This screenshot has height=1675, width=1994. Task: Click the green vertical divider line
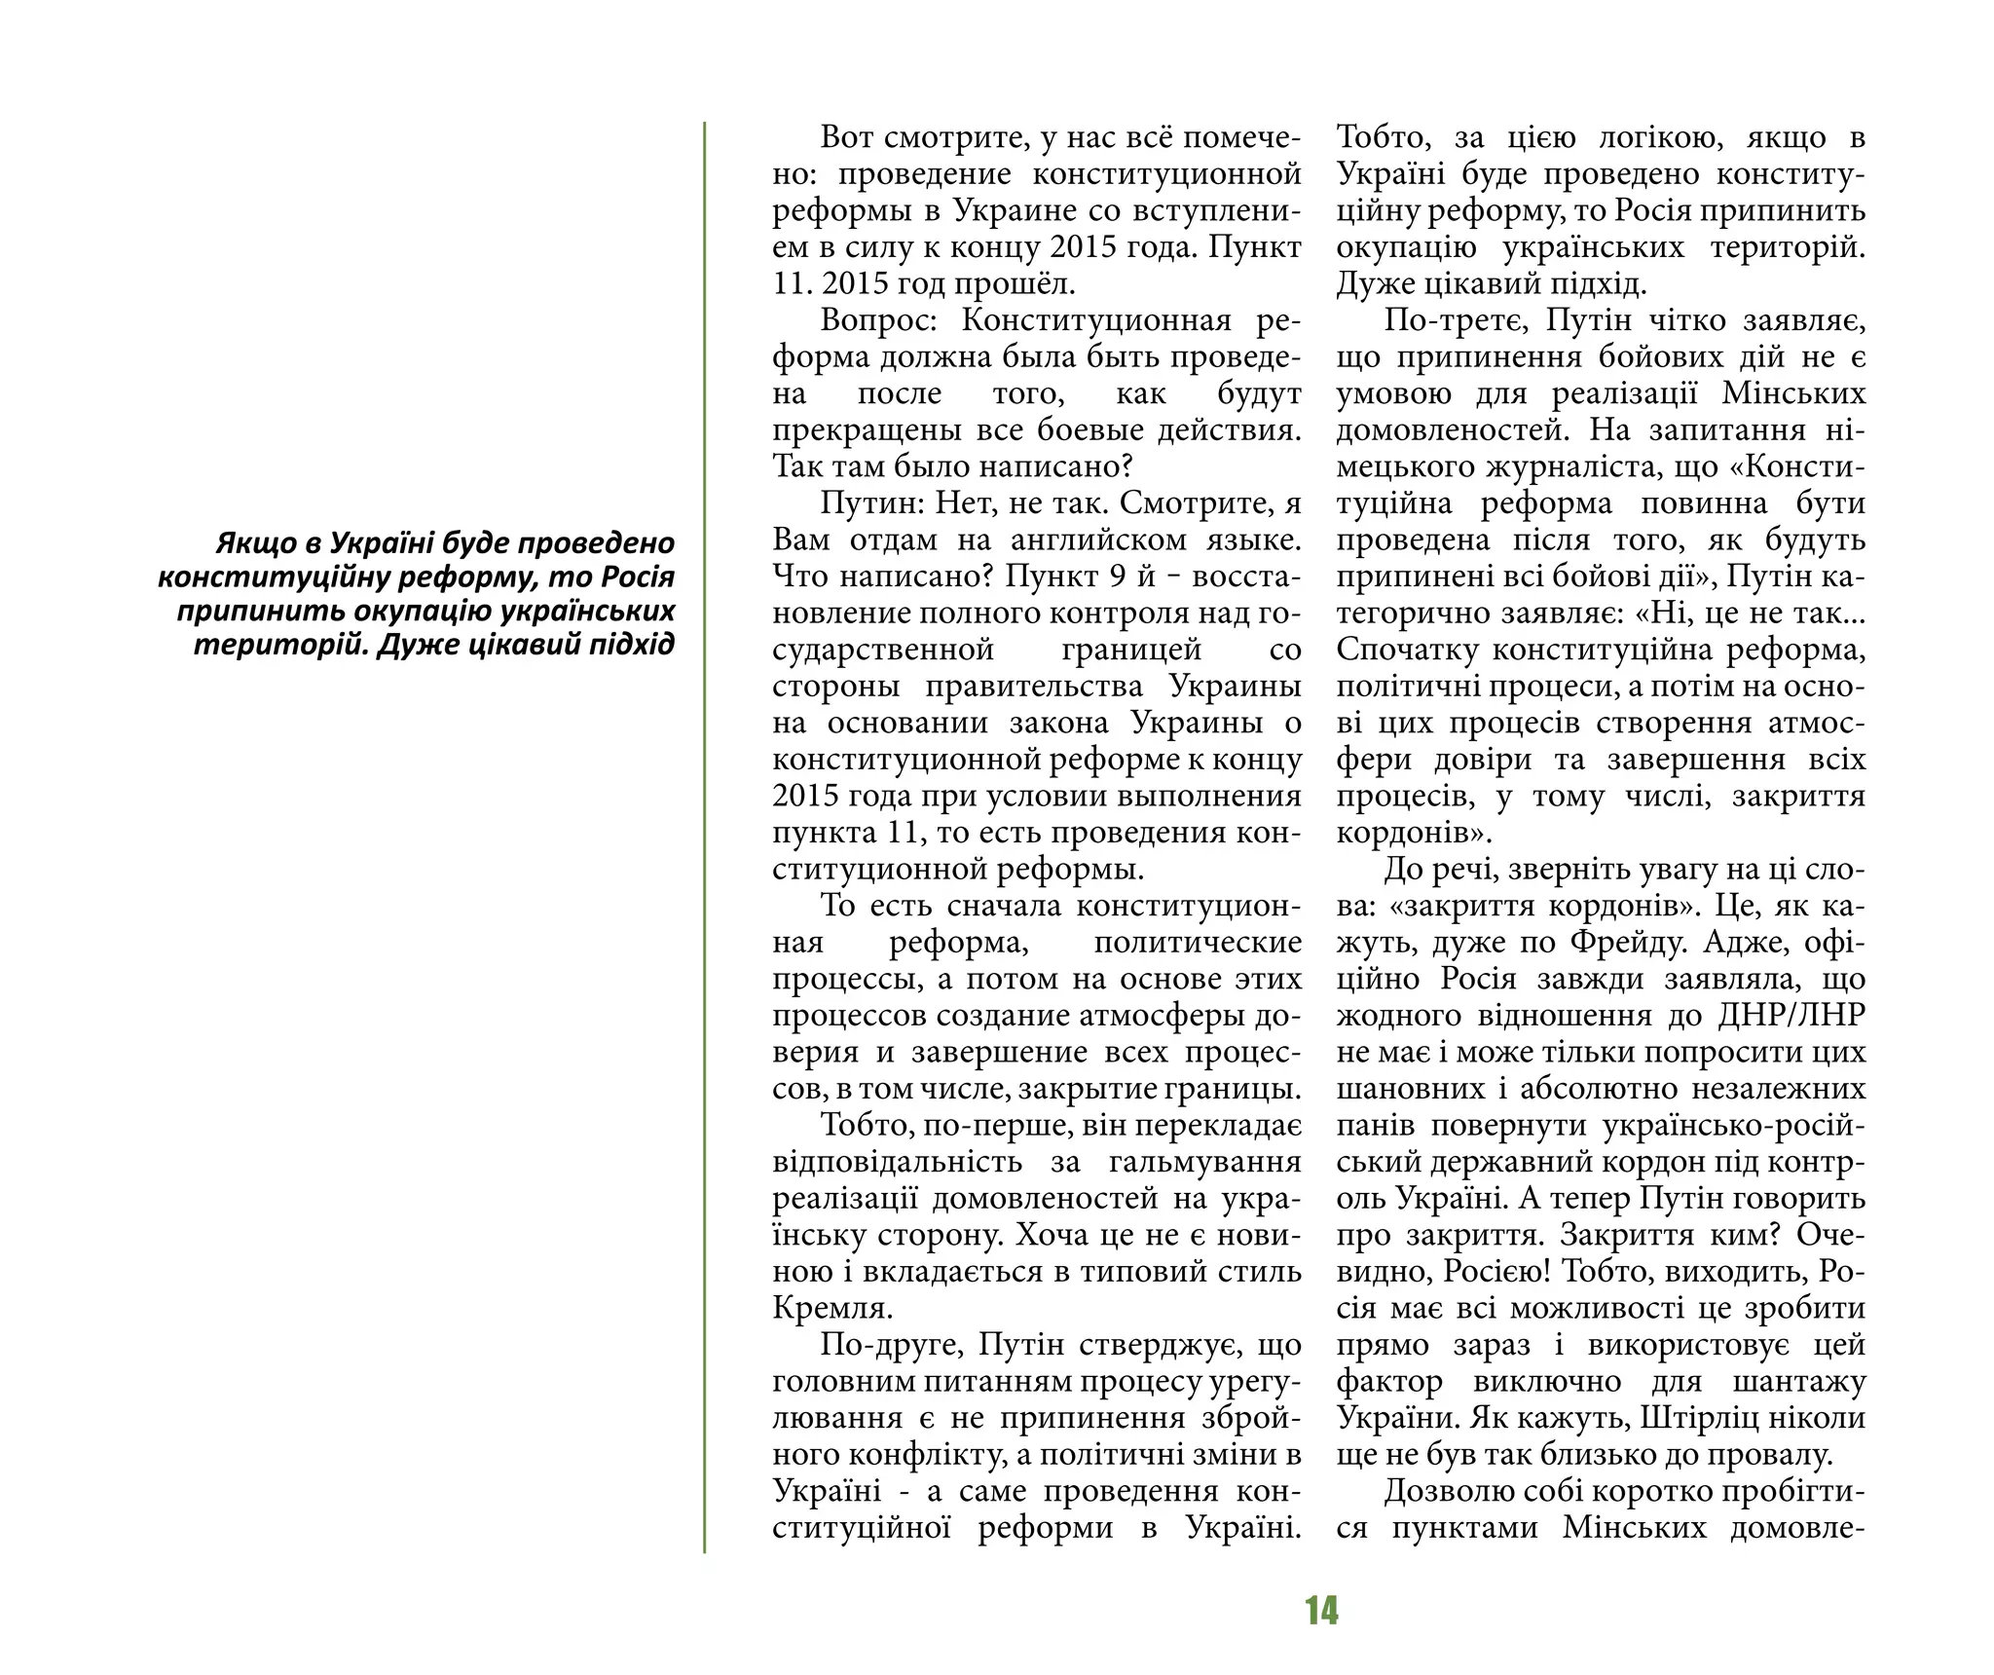click(704, 837)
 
